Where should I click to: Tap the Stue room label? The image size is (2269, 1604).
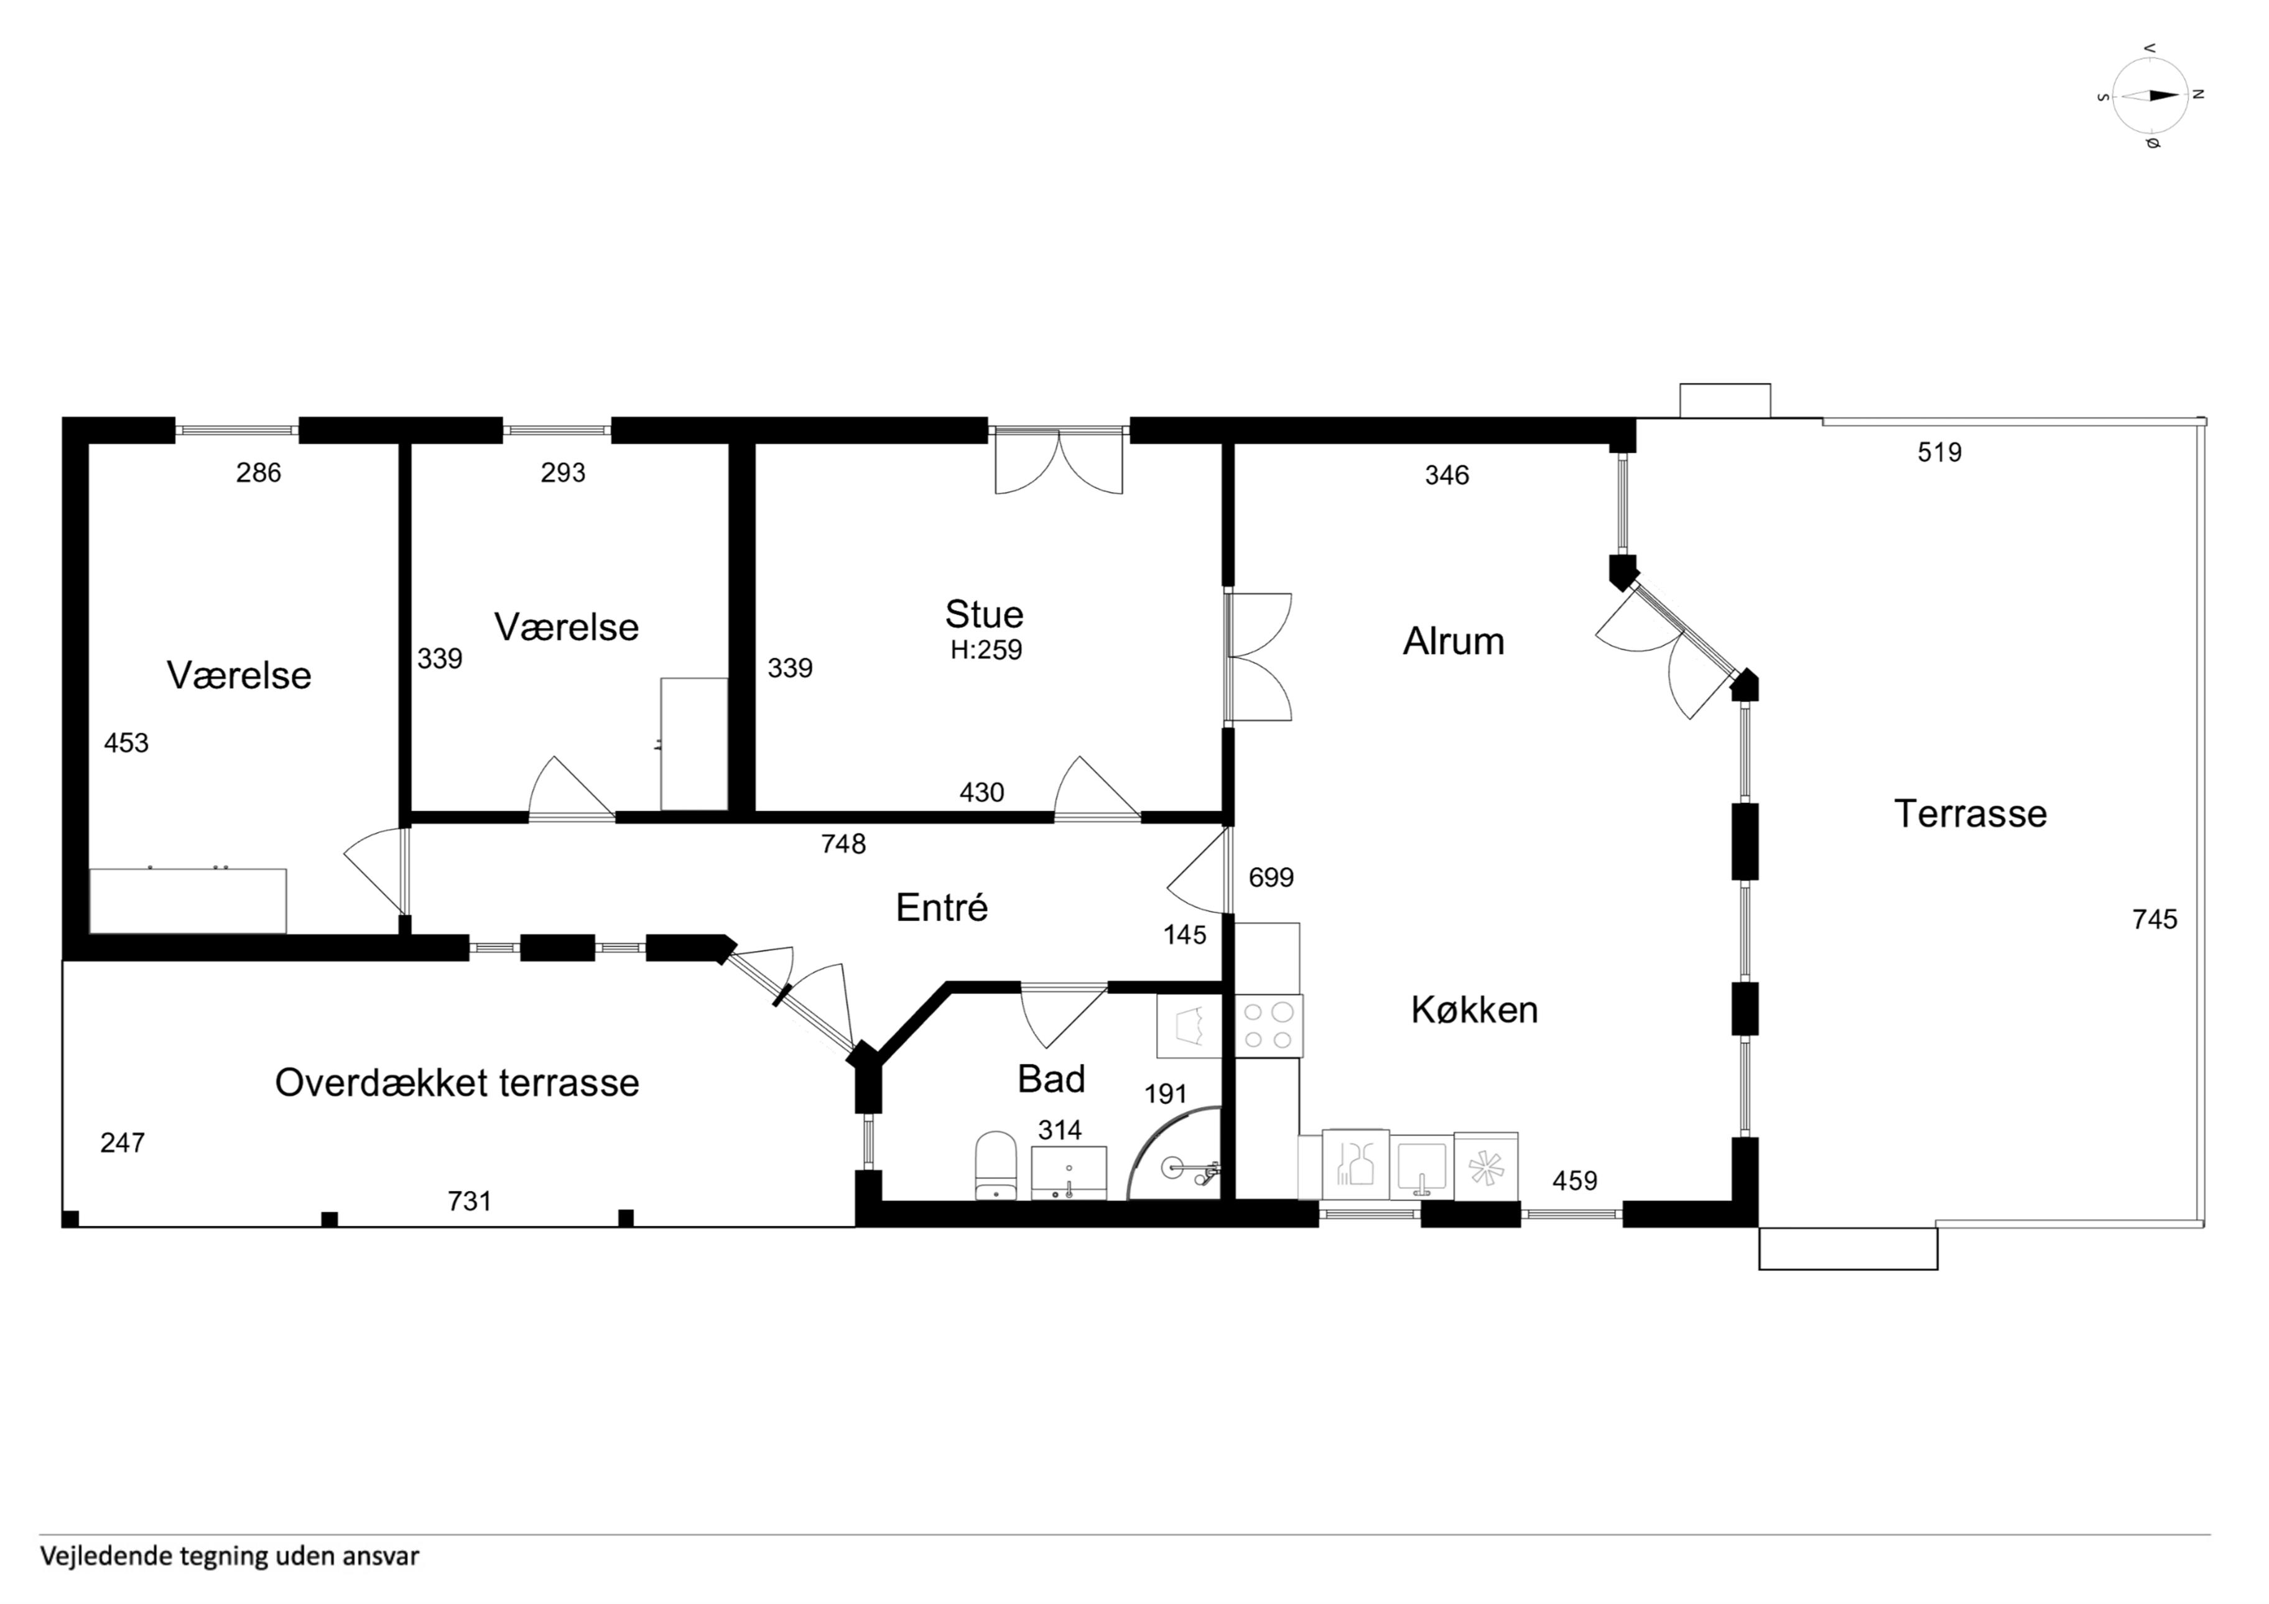[x=983, y=614]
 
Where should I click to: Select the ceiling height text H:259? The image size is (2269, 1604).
[x=985, y=651]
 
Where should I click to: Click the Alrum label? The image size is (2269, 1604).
[x=1453, y=641]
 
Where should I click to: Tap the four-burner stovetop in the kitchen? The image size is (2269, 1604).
[x=1269, y=1026]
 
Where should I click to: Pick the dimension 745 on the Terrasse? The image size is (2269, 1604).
[x=2155, y=920]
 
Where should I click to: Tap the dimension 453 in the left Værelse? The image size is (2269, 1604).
[x=126, y=743]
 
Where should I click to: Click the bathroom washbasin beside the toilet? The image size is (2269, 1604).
[x=1069, y=1173]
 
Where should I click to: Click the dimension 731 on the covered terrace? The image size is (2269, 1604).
[x=470, y=1202]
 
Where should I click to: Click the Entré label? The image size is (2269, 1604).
[x=942, y=908]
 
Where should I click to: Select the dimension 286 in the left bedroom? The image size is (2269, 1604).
[x=259, y=473]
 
